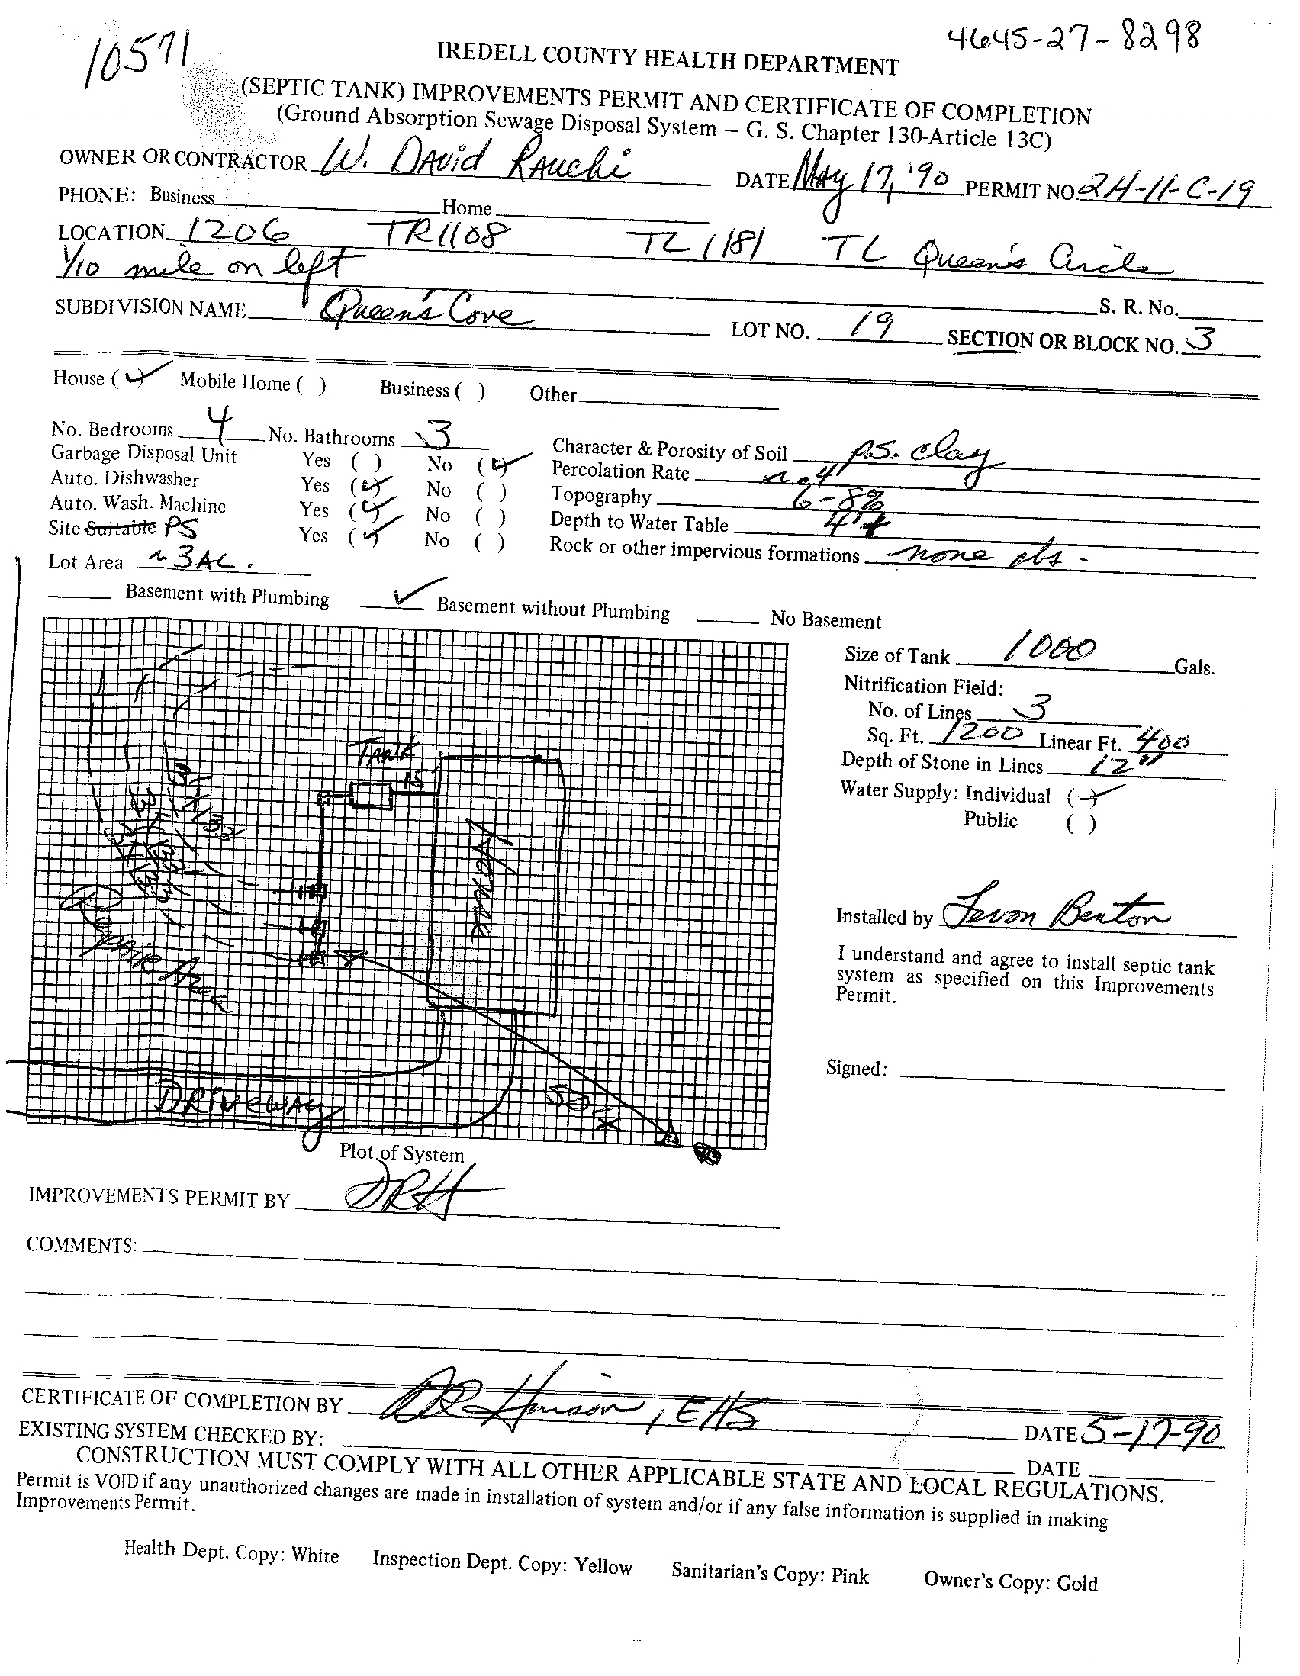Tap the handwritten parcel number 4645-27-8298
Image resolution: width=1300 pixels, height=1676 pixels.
[x=1075, y=36]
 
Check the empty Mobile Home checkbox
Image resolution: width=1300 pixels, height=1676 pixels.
[x=311, y=384]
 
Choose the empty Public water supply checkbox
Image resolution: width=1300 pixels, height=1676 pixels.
[x=1080, y=823]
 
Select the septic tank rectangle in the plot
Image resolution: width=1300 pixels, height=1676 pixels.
[x=372, y=794]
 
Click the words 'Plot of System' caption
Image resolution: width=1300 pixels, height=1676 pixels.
[x=401, y=1154]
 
